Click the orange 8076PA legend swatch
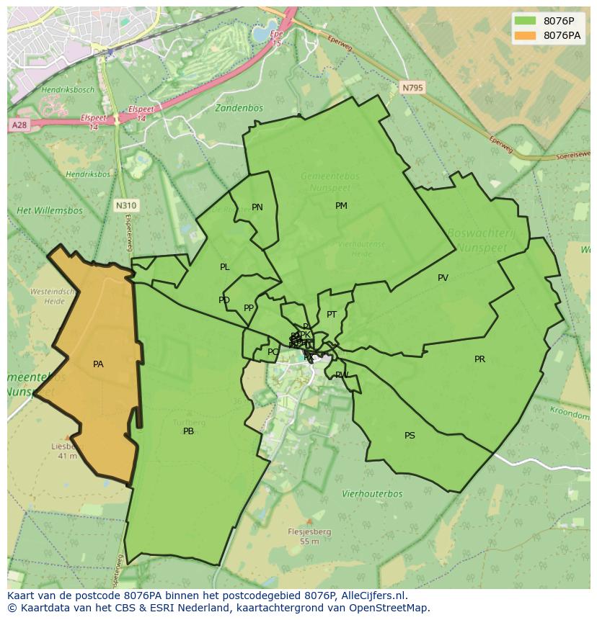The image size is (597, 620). click(525, 36)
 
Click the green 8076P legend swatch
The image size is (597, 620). click(525, 21)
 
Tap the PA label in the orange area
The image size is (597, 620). click(98, 364)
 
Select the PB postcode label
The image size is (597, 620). click(188, 431)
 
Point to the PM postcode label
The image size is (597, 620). click(341, 206)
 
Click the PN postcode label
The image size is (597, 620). click(257, 207)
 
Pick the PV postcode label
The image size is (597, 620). click(443, 278)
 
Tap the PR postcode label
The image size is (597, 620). click(479, 359)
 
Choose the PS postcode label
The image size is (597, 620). click(410, 436)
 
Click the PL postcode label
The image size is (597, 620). click(225, 267)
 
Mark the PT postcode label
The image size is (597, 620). click(332, 315)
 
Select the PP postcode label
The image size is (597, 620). click(249, 308)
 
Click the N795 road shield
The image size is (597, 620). click(413, 88)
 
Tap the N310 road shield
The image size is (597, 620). click(126, 206)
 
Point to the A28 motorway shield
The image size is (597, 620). click(19, 125)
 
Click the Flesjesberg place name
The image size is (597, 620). click(309, 532)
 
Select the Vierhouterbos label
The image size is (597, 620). click(371, 494)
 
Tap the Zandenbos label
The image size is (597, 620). click(239, 108)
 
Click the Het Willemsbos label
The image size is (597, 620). click(50, 211)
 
